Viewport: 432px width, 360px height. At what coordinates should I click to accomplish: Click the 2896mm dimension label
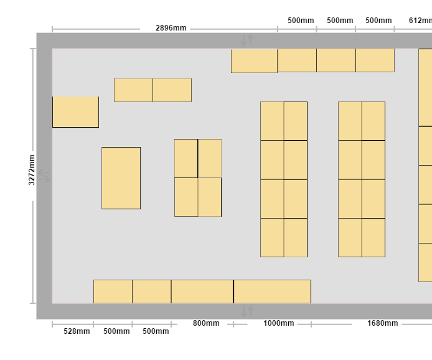(171, 28)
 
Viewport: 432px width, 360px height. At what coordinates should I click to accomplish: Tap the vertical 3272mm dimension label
(32, 170)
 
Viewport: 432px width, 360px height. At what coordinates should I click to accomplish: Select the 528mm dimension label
(77, 331)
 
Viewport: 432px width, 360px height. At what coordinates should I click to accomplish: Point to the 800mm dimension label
(206, 323)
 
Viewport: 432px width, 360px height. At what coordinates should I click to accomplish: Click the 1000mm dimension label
(278, 323)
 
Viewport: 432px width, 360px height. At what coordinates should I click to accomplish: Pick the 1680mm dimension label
(382, 323)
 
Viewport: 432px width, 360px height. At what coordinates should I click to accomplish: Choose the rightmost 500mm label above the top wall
(378, 21)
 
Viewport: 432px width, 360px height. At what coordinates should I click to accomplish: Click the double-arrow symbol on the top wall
(247, 40)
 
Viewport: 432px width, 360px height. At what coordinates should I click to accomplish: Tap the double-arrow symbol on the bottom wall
(247, 311)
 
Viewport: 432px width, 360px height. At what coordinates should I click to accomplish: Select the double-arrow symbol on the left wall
(44, 176)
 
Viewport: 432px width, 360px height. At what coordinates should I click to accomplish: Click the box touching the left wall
(75, 112)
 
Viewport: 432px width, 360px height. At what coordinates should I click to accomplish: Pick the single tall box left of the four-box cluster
(121, 178)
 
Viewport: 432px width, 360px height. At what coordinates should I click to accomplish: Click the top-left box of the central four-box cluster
(186, 158)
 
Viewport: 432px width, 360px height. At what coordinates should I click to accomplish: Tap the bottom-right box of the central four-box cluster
(210, 197)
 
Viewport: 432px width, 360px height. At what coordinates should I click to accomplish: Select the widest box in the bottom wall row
(272, 291)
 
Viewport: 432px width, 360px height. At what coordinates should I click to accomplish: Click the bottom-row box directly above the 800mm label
(202, 291)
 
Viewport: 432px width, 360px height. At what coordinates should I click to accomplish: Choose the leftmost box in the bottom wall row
(113, 291)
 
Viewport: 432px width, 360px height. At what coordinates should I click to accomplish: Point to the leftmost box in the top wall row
(255, 60)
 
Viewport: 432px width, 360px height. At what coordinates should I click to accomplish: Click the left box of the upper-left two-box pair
(133, 90)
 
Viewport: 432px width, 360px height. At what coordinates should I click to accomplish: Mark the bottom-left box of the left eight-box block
(272, 237)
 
